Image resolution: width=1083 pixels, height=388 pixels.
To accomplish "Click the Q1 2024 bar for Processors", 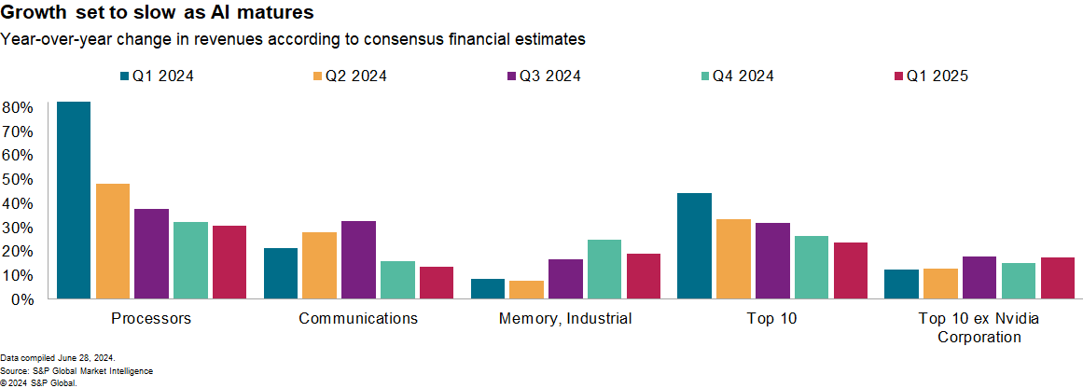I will pos(74,201).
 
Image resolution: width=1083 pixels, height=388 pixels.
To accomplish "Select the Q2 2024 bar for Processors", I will pos(113,242).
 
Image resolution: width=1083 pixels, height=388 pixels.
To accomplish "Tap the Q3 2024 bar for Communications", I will pos(358,260).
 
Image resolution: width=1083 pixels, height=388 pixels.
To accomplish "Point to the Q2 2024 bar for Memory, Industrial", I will pos(526,290).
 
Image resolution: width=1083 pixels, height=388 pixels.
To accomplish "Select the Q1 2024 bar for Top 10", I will pos(694,246).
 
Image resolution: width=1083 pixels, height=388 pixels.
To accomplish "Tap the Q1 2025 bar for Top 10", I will pos(850,270).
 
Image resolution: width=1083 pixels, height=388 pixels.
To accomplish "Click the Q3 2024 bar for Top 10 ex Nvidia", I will pos(979,278).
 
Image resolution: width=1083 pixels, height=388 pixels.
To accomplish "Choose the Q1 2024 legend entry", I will pos(157,76).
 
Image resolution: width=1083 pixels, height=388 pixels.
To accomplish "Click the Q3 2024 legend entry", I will pos(544,76).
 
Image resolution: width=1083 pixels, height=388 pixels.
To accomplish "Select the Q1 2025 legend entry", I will pos(932,76).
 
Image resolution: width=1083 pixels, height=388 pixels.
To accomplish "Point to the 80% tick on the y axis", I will pos(18,107).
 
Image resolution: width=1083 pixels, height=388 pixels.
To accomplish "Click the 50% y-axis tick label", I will pos(18,179).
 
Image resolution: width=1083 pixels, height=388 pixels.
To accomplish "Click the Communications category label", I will pos(358,319).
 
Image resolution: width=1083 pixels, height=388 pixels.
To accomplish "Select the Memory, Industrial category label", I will pos(565,319).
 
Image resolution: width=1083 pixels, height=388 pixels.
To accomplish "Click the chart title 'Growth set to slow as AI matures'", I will pos(157,14).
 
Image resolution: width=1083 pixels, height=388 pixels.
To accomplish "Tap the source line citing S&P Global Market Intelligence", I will pos(76,371).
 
